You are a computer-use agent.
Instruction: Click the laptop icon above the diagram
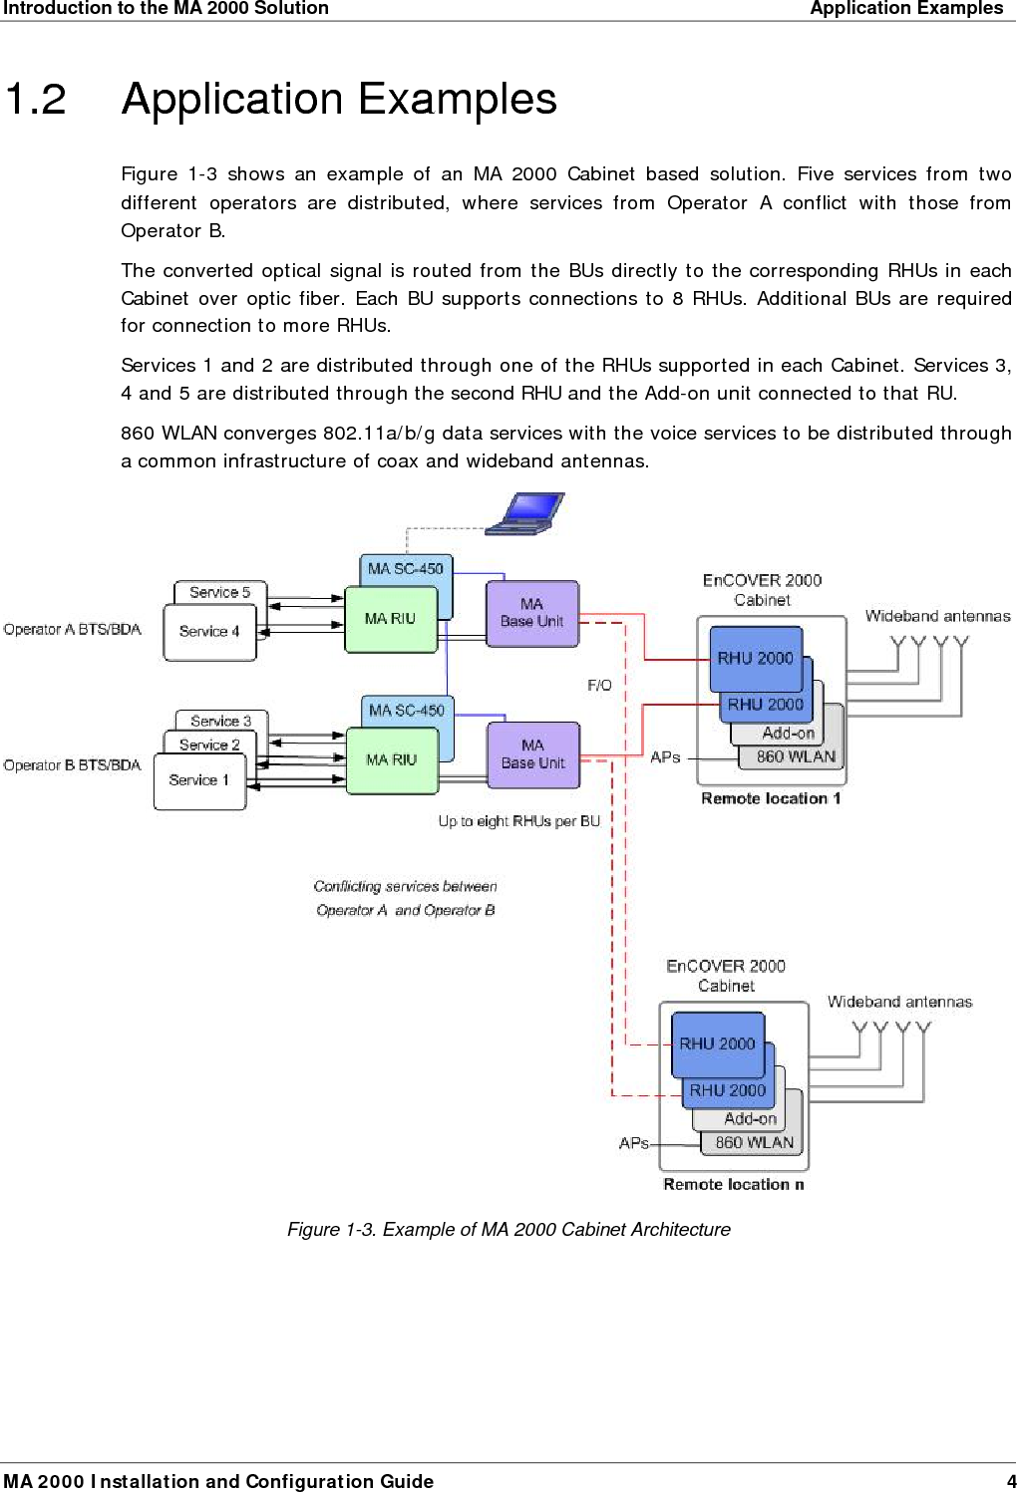click(x=525, y=513)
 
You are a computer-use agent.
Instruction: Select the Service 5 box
click(x=219, y=592)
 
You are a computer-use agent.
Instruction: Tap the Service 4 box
click(x=208, y=632)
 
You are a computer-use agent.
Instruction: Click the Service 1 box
click(x=198, y=780)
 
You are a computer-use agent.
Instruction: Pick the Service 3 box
click(x=220, y=721)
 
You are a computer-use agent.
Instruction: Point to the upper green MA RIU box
click(x=390, y=619)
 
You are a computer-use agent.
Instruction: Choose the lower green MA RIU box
click(x=391, y=760)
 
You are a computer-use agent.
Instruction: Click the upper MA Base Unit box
click(x=531, y=613)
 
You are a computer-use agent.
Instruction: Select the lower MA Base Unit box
click(x=532, y=754)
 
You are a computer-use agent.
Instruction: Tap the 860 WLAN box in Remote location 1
click(x=795, y=757)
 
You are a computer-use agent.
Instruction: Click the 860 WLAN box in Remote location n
click(x=754, y=1143)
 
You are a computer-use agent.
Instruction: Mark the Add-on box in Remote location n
click(x=750, y=1119)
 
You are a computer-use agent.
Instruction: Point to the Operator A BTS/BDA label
click(x=72, y=630)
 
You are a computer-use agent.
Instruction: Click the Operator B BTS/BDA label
click(x=72, y=765)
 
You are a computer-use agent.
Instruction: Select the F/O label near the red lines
click(x=599, y=686)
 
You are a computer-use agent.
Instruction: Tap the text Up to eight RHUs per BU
click(x=518, y=821)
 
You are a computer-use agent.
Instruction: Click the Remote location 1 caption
click(x=770, y=798)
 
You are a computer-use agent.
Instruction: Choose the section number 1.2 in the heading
click(x=36, y=100)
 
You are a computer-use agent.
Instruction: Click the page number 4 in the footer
click(x=1010, y=1481)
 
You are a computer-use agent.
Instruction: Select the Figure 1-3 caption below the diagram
click(x=508, y=1230)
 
